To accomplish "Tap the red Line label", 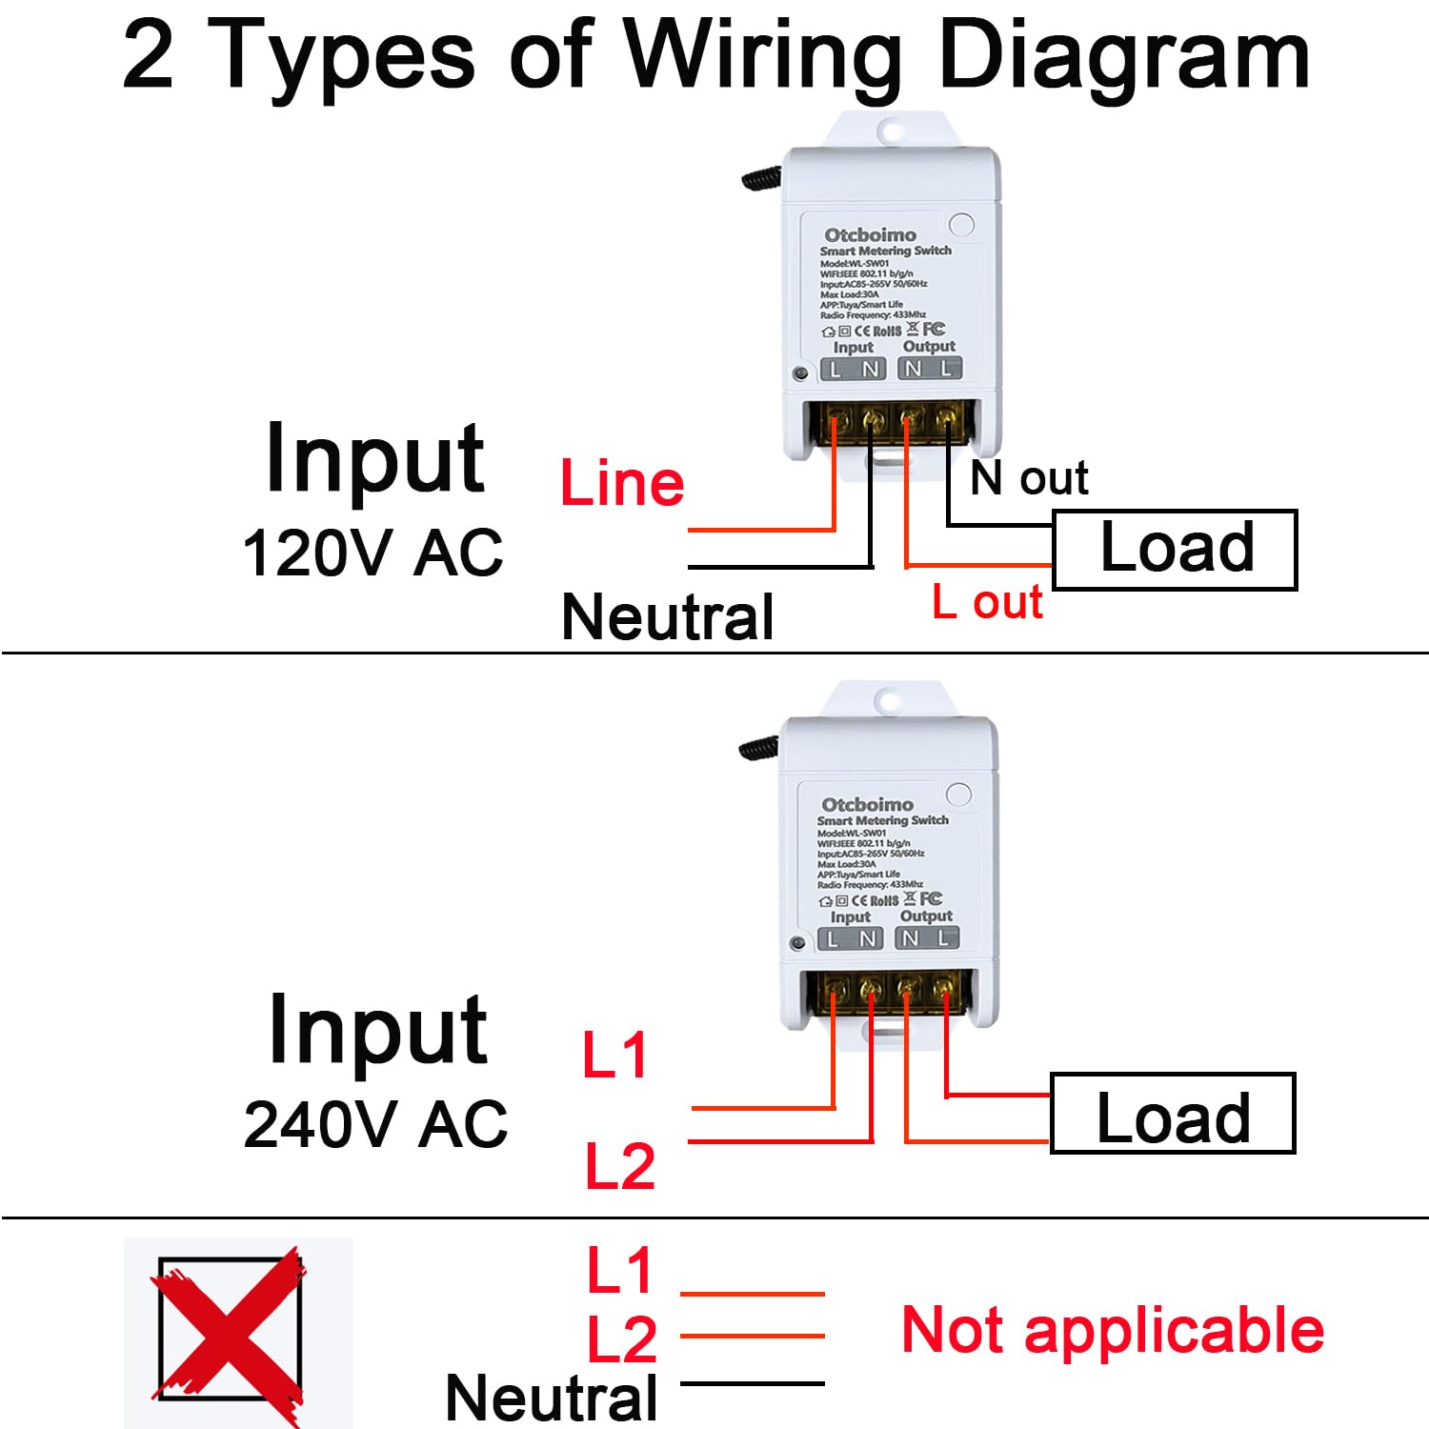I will tap(622, 483).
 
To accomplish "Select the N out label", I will tap(1029, 477).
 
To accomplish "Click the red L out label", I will tap(987, 602).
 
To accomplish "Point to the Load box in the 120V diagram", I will tap(1175, 550).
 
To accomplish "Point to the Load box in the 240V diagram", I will tap(1173, 1115).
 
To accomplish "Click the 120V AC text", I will tap(372, 553).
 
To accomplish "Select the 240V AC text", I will tap(375, 1124).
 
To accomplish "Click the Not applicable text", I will tap(1113, 1330).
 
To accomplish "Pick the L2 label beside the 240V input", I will tap(620, 1166).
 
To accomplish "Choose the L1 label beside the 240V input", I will tap(615, 1056).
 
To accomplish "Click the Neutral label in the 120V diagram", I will tap(667, 617).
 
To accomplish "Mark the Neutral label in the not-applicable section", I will tap(552, 1398).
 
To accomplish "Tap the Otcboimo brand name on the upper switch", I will tap(870, 234).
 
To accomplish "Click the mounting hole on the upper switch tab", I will tap(892, 129).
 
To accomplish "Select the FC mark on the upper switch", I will tap(934, 329).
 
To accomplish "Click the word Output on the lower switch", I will tap(926, 916).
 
